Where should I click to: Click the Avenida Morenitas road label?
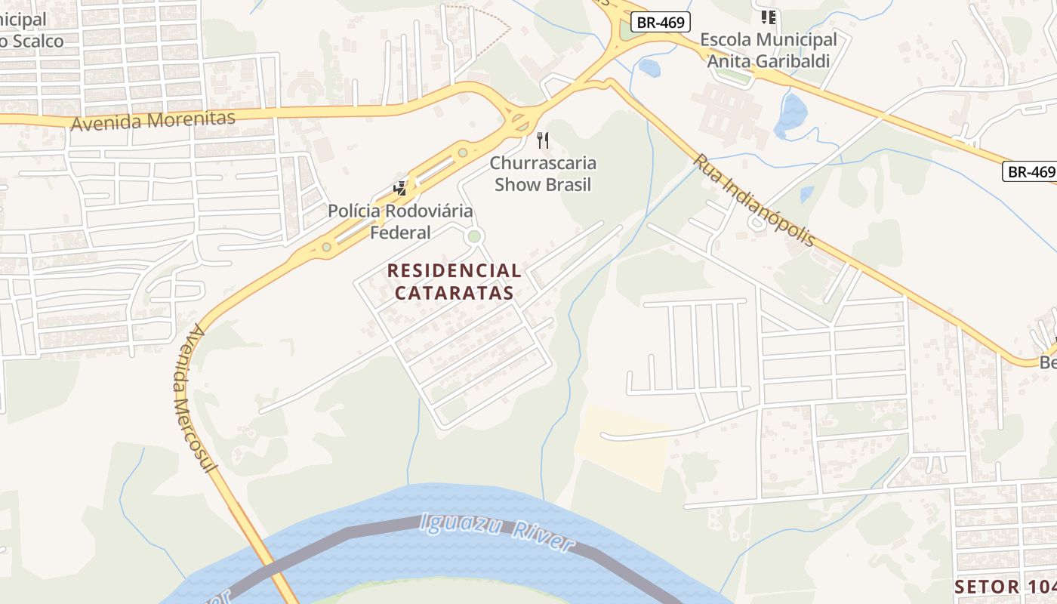click(153, 120)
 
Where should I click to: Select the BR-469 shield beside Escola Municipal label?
click(661, 22)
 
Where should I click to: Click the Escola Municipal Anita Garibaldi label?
click(768, 50)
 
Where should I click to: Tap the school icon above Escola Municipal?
click(769, 17)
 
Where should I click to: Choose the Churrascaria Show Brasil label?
click(543, 174)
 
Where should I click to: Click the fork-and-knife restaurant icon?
click(542, 140)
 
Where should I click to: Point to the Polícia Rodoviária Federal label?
click(400, 221)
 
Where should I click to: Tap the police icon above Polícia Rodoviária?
click(400, 189)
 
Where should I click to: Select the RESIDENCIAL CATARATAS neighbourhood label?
click(454, 282)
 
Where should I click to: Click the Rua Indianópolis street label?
click(754, 201)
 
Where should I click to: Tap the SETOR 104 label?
click(1004, 587)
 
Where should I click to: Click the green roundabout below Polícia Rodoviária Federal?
click(474, 237)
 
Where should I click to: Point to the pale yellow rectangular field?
click(623, 445)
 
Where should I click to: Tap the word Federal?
click(400, 232)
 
